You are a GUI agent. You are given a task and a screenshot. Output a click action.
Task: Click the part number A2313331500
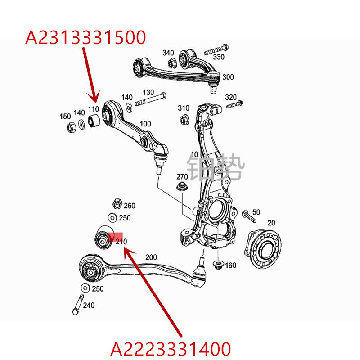pos(85,37)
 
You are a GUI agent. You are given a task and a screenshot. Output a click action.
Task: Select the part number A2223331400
pos(171,349)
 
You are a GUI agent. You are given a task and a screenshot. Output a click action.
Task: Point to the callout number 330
pos(218,57)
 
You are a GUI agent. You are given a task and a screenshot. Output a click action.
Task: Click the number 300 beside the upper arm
pos(228,77)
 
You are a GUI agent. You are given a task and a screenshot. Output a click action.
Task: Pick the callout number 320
pos(230,97)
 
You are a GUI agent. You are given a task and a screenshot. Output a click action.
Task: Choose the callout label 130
pos(148,92)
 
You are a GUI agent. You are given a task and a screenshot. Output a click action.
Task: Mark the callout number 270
pos(182,176)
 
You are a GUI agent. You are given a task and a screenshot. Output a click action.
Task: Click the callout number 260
pos(129,206)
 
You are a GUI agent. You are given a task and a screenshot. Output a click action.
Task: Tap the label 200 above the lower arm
pos(151,257)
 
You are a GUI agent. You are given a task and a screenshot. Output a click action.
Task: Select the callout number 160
pos(230,265)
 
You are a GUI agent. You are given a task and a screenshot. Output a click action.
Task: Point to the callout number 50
pos(256,212)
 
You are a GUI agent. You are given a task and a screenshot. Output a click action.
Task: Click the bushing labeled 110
pos(94,121)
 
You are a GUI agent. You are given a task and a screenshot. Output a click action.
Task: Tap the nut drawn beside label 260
pos(115,204)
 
